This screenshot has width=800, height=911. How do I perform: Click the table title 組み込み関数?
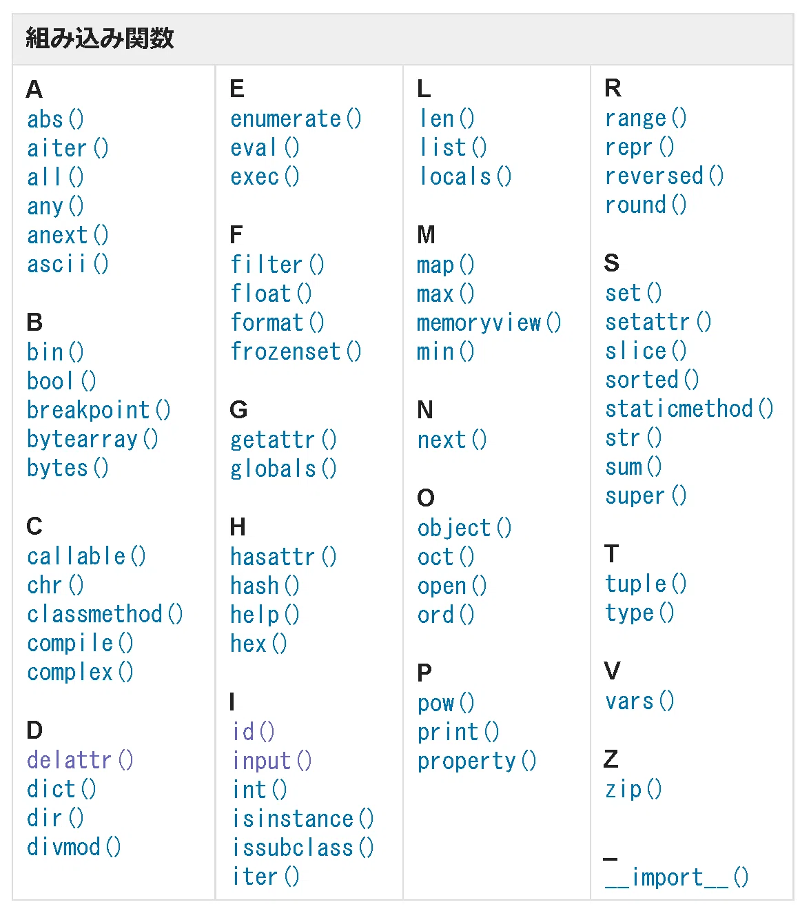(x=99, y=38)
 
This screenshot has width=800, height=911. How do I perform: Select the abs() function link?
(x=55, y=120)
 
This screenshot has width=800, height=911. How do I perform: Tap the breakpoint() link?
(x=99, y=410)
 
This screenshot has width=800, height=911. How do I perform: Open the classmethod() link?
(x=105, y=614)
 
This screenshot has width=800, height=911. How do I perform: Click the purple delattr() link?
(x=80, y=760)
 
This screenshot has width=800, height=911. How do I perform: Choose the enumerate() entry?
(x=296, y=120)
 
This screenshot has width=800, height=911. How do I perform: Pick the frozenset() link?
(x=296, y=351)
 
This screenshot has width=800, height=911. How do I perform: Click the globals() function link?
(x=283, y=469)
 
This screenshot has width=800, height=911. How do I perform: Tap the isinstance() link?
(x=302, y=819)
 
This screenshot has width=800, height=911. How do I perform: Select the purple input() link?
(x=271, y=761)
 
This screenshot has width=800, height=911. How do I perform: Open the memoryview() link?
(x=489, y=323)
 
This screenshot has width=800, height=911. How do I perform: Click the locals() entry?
(x=465, y=176)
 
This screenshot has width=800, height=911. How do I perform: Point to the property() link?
(x=477, y=761)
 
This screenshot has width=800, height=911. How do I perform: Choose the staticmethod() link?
(x=689, y=409)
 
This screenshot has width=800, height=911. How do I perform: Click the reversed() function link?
(x=664, y=176)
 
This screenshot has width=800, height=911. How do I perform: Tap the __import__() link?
(x=677, y=877)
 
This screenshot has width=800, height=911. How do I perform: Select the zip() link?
(x=633, y=790)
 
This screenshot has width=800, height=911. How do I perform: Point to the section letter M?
(x=426, y=235)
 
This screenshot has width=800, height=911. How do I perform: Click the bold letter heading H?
(x=238, y=527)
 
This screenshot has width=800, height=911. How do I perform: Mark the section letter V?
(x=612, y=671)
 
